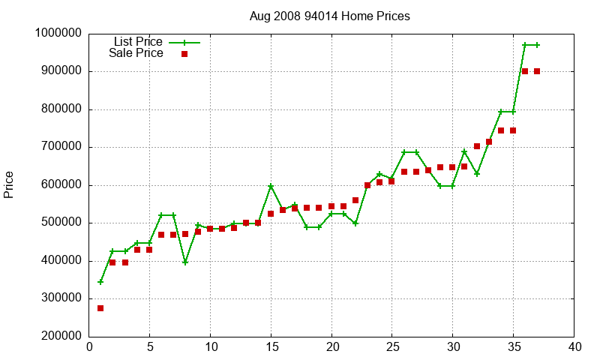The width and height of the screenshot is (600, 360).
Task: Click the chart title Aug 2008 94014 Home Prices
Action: [x=330, y=16]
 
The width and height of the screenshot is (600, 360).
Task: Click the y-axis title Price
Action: [x=9, y=184]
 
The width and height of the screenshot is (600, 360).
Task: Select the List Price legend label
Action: [x=138, y=41]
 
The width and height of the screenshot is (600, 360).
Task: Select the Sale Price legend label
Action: [x=136, y=53]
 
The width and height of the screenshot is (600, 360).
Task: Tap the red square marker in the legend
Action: [x=184, y=54]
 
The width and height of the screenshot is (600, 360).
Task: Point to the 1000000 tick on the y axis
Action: [x=58, y=34]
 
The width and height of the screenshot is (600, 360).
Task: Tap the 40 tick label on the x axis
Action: [x=574, y=347]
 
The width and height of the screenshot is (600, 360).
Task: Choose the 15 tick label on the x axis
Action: [x=271, y=347]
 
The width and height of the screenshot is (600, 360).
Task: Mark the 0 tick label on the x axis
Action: [x=89, y=347]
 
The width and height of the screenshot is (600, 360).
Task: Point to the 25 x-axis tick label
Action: [x=392, y=347]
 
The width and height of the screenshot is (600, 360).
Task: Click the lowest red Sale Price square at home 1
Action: [x=100, y=308]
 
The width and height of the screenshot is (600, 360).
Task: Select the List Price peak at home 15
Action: [x=271, y=186]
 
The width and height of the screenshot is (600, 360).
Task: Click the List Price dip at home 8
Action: [x=185, y=262]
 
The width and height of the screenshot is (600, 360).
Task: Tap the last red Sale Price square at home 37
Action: [x=537, y=71]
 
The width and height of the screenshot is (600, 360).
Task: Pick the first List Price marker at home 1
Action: [x=100, y=282]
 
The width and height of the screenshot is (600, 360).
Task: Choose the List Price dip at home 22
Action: [x=355, y=223]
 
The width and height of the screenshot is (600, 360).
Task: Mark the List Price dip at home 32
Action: [x=476, y=174]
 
